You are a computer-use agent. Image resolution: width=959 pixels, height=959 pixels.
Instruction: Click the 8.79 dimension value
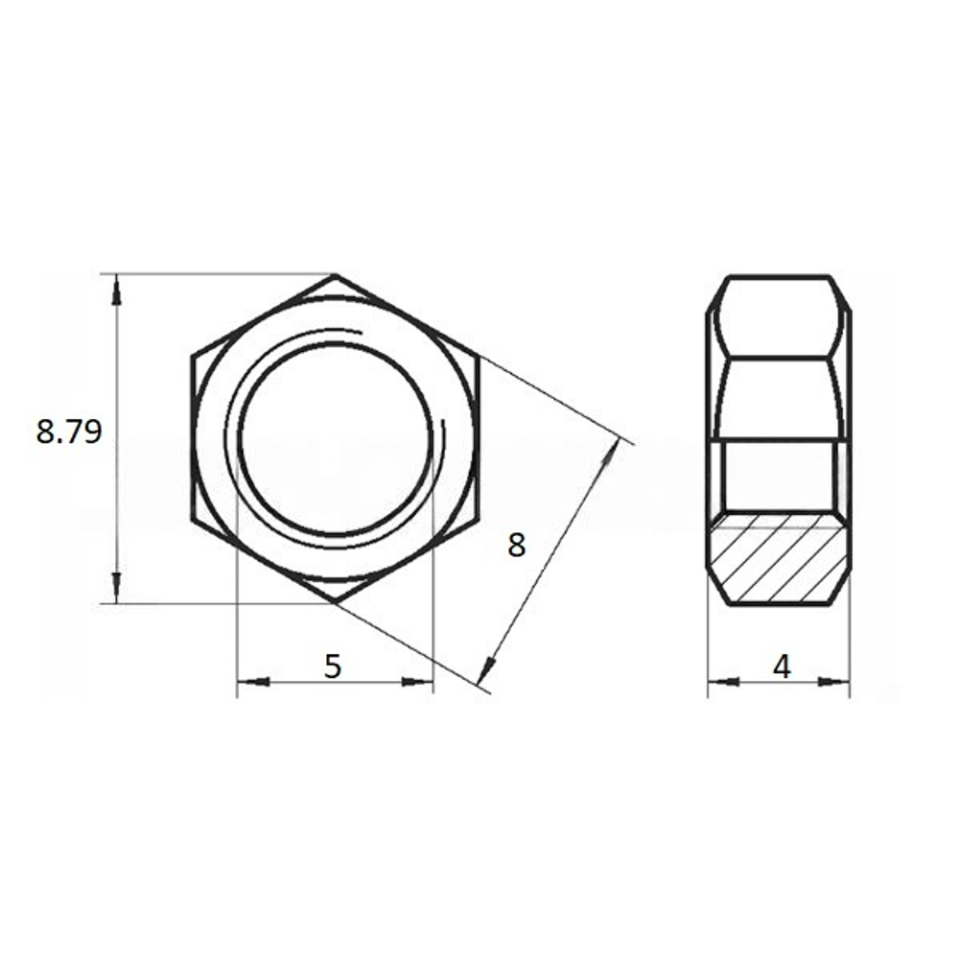[68, 432]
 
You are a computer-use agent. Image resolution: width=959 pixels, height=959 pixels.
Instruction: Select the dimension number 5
[333, 667]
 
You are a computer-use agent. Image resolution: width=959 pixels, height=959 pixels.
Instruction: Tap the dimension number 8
[517, 545]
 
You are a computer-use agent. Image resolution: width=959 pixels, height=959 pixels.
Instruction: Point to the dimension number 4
[782, 667]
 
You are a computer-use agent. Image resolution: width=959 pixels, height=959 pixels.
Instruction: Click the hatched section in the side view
[779, 558]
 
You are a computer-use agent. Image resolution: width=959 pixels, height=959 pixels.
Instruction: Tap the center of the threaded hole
[335, 438]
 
